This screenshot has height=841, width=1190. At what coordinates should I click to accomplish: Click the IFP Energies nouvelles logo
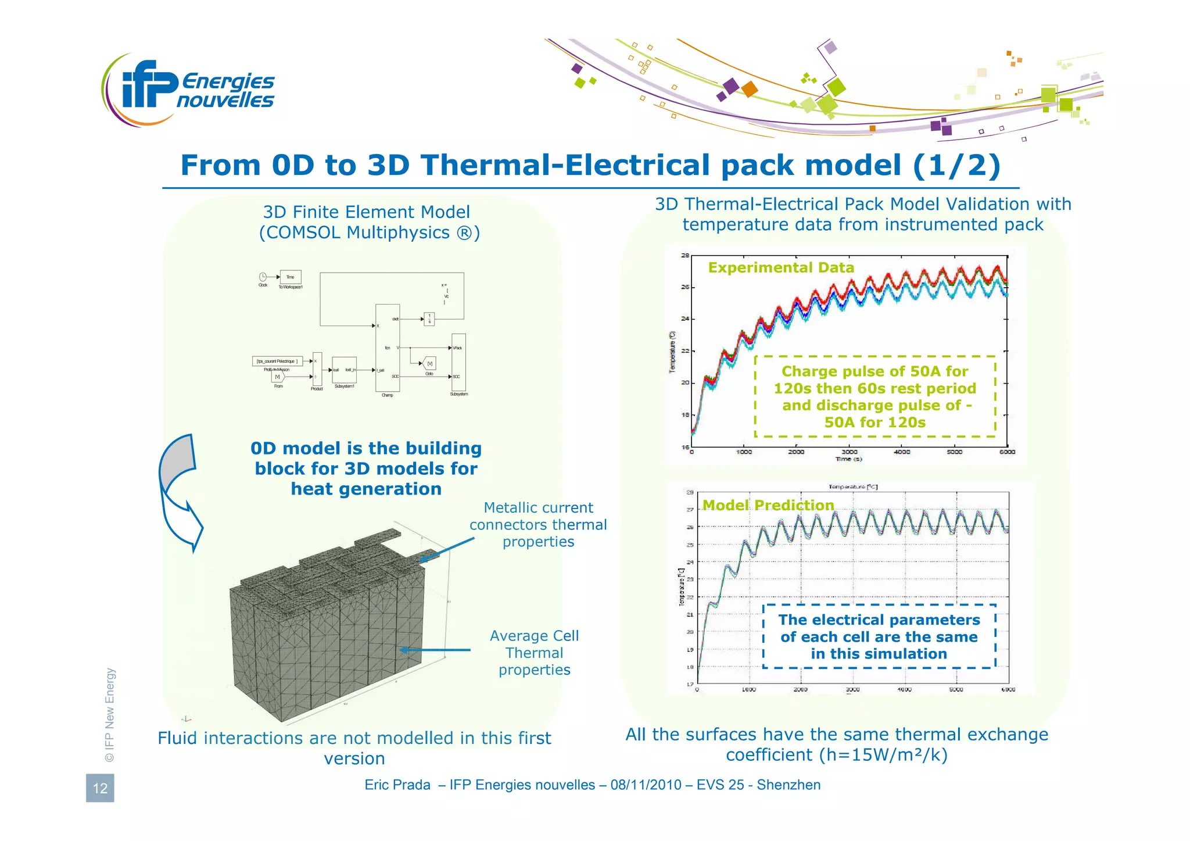coord(189,89)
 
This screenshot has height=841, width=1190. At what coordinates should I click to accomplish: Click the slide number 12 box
coord(100,788)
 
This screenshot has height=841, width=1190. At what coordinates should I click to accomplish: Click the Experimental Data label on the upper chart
coord(781,267)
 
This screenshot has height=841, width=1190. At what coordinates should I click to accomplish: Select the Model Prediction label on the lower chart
coord(768,505)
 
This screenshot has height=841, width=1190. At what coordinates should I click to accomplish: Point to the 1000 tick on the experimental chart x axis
coord(744,452)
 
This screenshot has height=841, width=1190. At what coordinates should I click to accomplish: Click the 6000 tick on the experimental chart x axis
coord(1007,452)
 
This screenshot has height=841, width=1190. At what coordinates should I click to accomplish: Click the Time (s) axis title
coord(848,459)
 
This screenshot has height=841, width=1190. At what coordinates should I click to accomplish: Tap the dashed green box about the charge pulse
coord(874,396)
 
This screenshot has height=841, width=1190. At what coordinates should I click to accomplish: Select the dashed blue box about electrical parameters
coord(879,636)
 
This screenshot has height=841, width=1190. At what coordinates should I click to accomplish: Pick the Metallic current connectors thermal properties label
coord(538,524)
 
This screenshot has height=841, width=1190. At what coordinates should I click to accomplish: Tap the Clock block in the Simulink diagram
coord(263,277)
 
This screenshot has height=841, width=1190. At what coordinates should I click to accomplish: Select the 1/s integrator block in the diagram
coord(429,318)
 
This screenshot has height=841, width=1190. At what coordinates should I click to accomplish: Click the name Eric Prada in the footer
coord(397,785)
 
